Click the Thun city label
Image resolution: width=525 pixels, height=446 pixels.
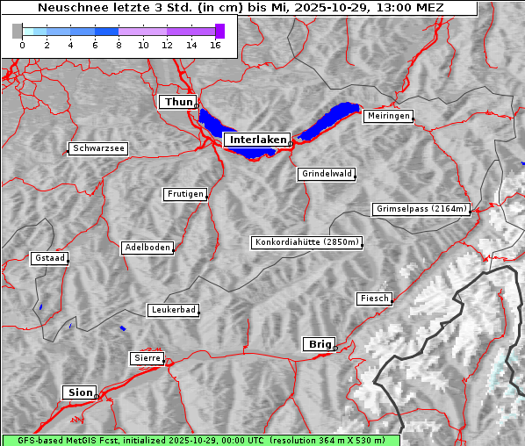177,103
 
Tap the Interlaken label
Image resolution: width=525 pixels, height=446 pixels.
256,140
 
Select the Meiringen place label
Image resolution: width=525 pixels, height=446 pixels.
387,116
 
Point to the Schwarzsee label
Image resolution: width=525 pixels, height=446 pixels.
98,149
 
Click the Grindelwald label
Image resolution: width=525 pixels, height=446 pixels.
327,174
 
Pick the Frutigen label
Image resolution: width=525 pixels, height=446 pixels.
184,194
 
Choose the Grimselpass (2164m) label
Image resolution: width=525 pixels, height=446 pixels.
421,209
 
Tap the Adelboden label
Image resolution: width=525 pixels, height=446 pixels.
147,248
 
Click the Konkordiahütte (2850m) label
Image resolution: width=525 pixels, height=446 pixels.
306,242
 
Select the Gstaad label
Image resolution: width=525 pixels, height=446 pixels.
49,258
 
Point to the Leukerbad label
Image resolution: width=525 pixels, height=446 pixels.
172,310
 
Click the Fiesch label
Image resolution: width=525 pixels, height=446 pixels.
373,299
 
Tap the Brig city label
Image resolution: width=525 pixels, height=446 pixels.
318,344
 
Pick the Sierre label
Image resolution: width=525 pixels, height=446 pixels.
147,358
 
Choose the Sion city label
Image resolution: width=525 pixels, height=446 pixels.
79,392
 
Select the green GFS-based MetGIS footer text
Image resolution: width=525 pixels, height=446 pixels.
200,440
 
